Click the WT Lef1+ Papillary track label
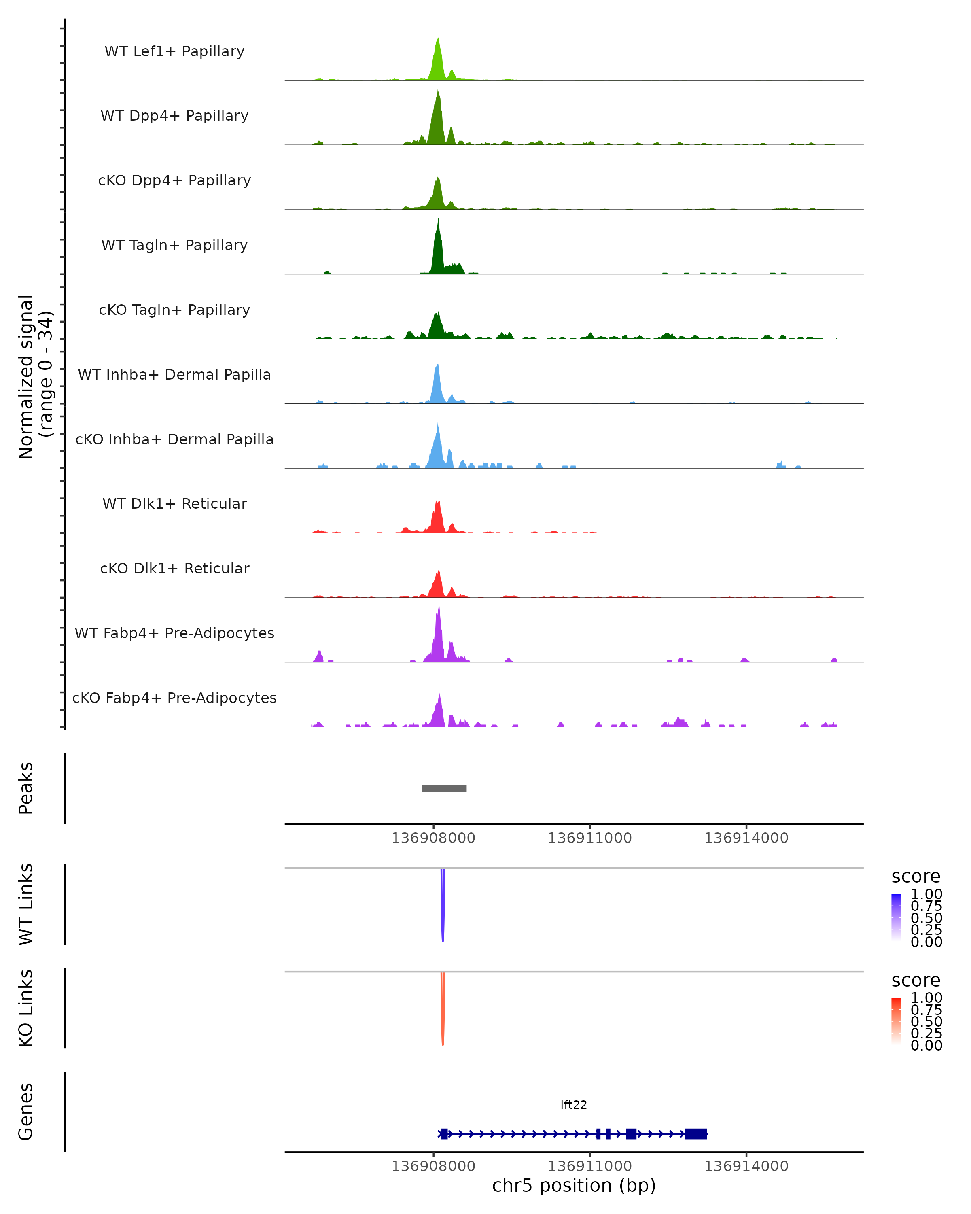[x=174, y=51]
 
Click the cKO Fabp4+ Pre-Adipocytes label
[x=174, y=698]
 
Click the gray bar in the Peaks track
[x=444, y=788]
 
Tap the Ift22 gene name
[x=574, y=1105]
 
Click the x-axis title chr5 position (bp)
[x=574, y=1185]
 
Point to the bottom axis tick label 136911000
[x=589, y=1166]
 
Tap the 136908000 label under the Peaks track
[x=433, y=838]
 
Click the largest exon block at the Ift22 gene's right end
[x=696, y=1133]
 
